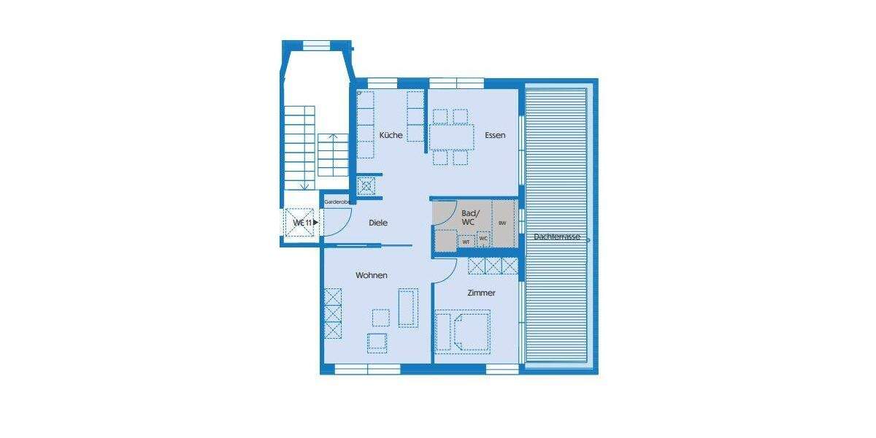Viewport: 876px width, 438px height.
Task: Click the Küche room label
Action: [x=391, y=135]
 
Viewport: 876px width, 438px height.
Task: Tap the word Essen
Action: [x=495, y=135]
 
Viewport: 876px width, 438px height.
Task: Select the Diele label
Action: [x=378, y=223]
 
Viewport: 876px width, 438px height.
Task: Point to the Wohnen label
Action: [x=371, y=275]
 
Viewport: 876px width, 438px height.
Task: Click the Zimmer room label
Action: [x=482, y=293]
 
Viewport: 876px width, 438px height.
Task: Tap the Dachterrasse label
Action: [x=557, y=237]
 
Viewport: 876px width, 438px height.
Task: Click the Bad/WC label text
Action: [x=468, y=216]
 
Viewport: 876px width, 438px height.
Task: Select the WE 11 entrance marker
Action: [x=303, y=222]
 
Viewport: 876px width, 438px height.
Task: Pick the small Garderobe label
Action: [x=338, y=201]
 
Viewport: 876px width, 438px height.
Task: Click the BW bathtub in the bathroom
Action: [x=502, y=223]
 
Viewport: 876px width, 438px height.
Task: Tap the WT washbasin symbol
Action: [x=466, y=241]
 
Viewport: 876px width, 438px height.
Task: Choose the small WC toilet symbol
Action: [x=483, y=239]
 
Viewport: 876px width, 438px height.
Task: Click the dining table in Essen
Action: [x=450, y=137]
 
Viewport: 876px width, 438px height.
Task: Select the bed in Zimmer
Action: [x=470, y=330]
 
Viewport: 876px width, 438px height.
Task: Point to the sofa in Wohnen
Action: [x=408, y=307]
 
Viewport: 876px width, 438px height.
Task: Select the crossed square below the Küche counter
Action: [x=366, y=185]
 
